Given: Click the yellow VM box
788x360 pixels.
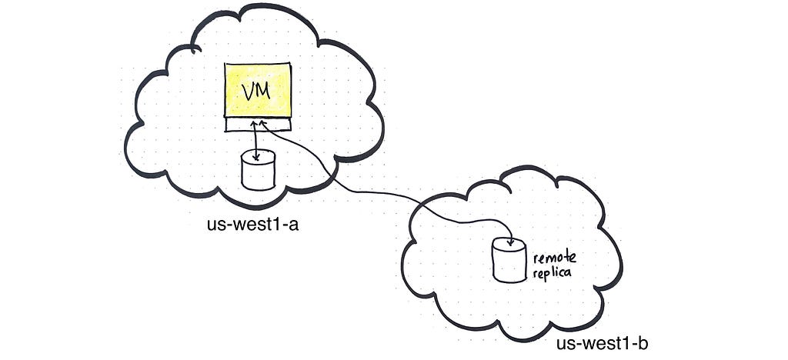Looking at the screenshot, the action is click(x=259, y=90).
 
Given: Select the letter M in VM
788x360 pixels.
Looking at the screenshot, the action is click(x=264, y=92).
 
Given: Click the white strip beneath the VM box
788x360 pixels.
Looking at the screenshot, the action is click(x=259, y=125).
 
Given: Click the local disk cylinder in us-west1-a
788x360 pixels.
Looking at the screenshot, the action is click(x=259, y=170).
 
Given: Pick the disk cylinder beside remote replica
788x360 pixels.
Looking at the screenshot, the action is click(x=509, y=259).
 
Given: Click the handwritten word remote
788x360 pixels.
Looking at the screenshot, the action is click(x=555, y=259).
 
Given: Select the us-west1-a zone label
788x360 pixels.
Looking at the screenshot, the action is click(x=252, y=223).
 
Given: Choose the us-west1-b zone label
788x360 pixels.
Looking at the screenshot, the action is click(x=602, y=344).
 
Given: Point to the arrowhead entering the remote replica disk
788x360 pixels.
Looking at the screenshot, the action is click(x=511, y=242).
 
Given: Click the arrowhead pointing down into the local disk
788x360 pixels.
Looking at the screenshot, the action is click(x=257, y=157).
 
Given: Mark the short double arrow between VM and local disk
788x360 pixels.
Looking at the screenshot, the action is click(x=256, y=141).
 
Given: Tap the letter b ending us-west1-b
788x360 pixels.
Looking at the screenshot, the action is click(x=643, y=344).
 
